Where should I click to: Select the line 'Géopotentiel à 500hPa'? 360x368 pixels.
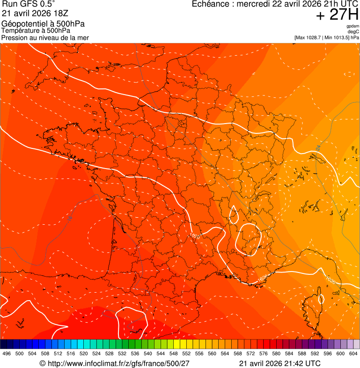43,24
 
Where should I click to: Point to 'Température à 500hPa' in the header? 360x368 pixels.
36,30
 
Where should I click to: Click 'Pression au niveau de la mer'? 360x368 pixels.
45,37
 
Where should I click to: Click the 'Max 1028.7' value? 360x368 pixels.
310,37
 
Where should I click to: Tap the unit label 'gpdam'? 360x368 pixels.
353,26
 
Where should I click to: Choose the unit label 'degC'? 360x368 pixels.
354,32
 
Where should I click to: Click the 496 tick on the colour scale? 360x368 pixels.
7,353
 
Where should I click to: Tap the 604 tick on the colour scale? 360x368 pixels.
353,353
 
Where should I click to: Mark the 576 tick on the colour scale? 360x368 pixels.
263,353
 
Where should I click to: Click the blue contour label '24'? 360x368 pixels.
318,148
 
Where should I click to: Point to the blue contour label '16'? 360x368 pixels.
69,218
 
